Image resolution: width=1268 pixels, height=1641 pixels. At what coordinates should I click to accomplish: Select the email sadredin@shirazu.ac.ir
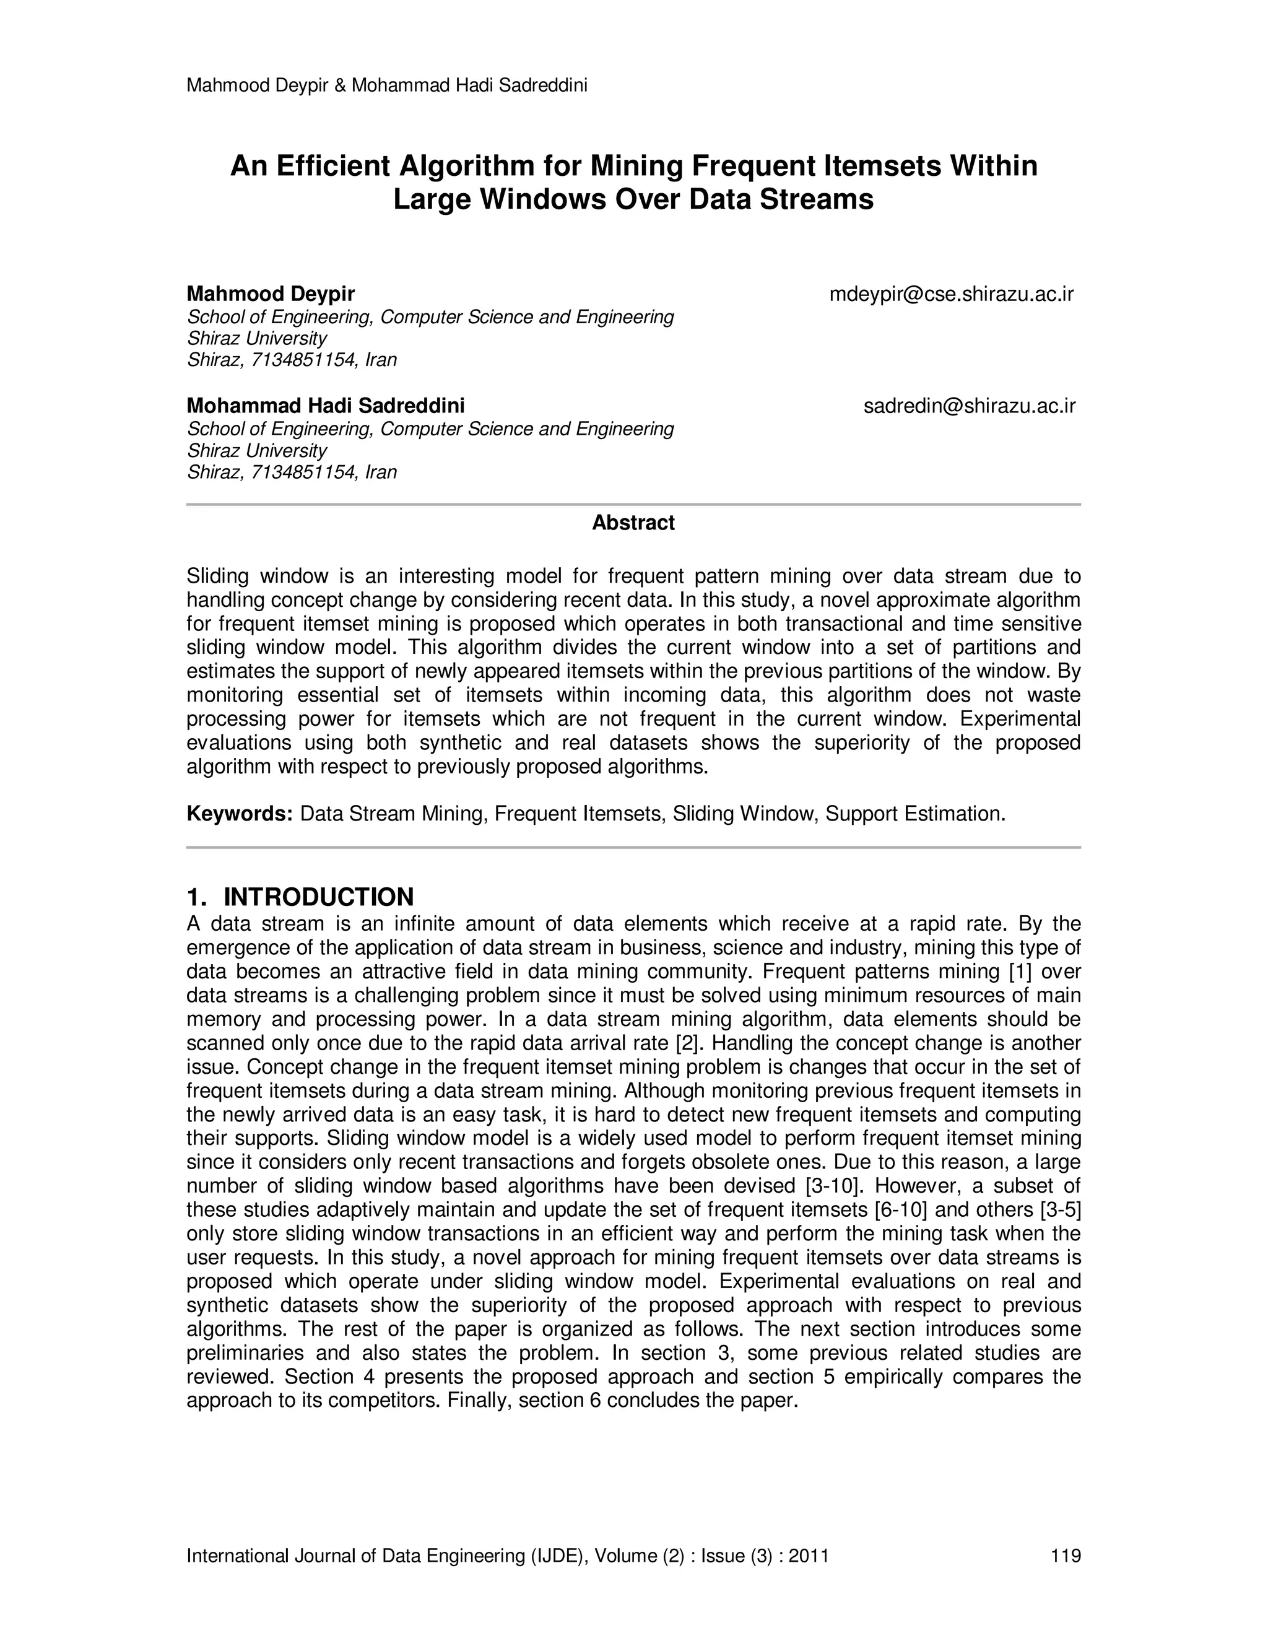(x=969, y=406)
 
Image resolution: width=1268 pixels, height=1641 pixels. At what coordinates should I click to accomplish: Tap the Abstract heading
(x=633, y=523)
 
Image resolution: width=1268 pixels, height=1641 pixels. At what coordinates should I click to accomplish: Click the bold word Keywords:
(x=239, y=814)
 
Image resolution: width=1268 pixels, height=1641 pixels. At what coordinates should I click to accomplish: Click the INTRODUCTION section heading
(x=318, y=897)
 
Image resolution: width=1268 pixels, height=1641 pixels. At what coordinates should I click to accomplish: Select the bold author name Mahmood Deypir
(x=271, y=294)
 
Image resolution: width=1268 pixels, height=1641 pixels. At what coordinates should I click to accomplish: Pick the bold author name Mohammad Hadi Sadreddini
(x=325, y=406)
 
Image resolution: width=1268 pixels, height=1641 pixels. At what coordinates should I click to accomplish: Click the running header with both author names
(x=387, y=85)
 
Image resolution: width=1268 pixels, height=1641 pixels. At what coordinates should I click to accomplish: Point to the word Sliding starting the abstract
(x=218, y=577)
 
